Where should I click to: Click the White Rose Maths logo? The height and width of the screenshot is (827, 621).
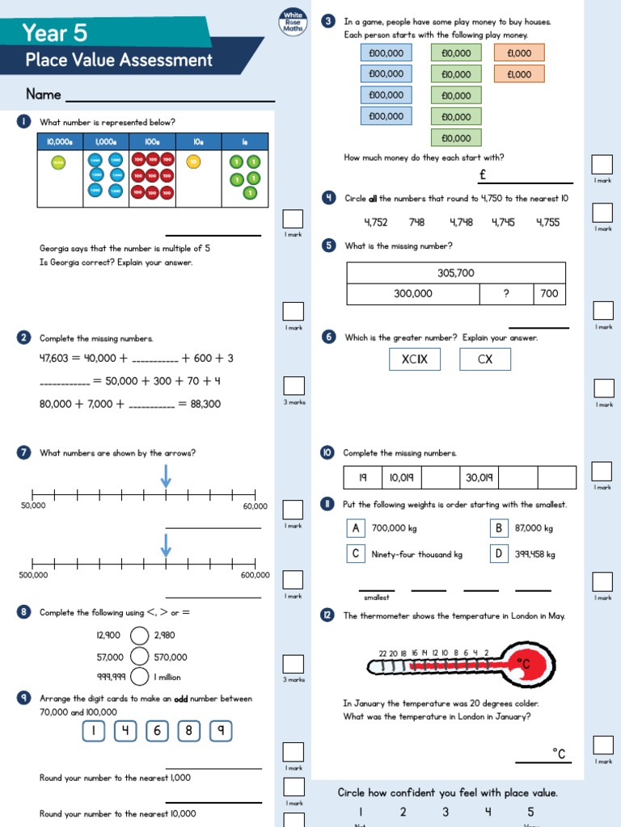tap(292, 23)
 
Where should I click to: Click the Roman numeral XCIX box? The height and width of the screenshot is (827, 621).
tap(415, 359)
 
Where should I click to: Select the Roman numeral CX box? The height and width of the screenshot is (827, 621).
tap(485, 359)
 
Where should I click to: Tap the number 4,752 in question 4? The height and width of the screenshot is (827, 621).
tap(376, 222)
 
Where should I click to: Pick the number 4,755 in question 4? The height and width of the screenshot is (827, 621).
tap(547, 222)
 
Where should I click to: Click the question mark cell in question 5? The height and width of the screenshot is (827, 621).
tap(506, 294)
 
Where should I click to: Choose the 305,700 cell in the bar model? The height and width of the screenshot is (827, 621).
tap(456, 273)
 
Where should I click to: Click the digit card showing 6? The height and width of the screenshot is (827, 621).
tap(158, 731)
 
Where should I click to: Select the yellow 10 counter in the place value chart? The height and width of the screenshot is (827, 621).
tap(192, 162)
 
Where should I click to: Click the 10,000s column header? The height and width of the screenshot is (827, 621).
tap(60, 142)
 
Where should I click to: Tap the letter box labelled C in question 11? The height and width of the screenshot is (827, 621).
tap(355, 554)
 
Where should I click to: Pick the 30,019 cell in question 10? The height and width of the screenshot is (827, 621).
tap(479, 477)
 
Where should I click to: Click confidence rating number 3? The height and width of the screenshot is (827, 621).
tap(446, 812)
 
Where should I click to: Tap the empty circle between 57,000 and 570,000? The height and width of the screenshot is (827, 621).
tap(140, 657)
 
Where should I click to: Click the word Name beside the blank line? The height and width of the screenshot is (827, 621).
tap(44, 94)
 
